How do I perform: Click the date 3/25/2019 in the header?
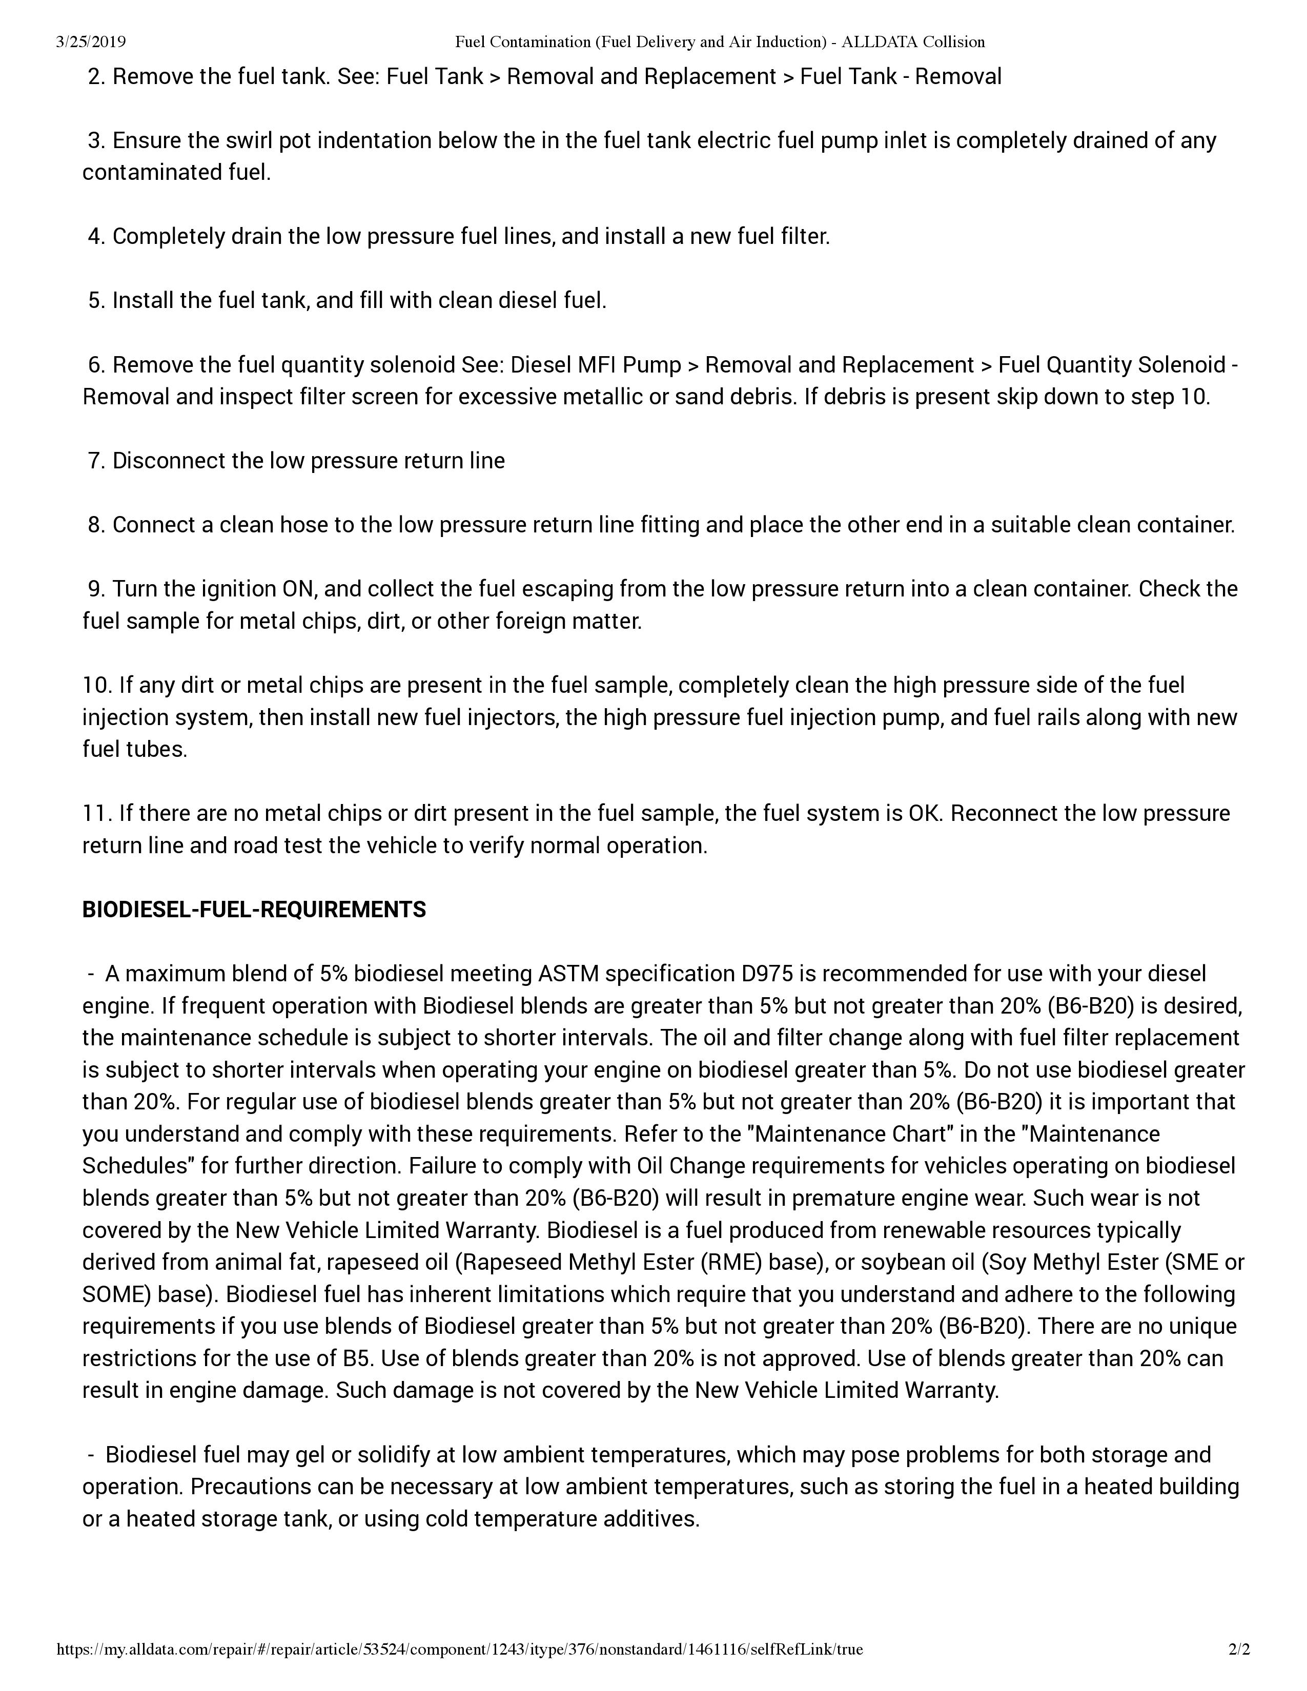pos(91,42)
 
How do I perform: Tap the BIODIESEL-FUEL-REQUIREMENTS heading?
pos(254,909)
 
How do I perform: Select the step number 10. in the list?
pos(97,685)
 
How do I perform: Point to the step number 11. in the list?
pos(97,813)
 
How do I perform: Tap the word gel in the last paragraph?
pos(311,1455)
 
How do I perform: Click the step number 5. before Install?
pos(97,300)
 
